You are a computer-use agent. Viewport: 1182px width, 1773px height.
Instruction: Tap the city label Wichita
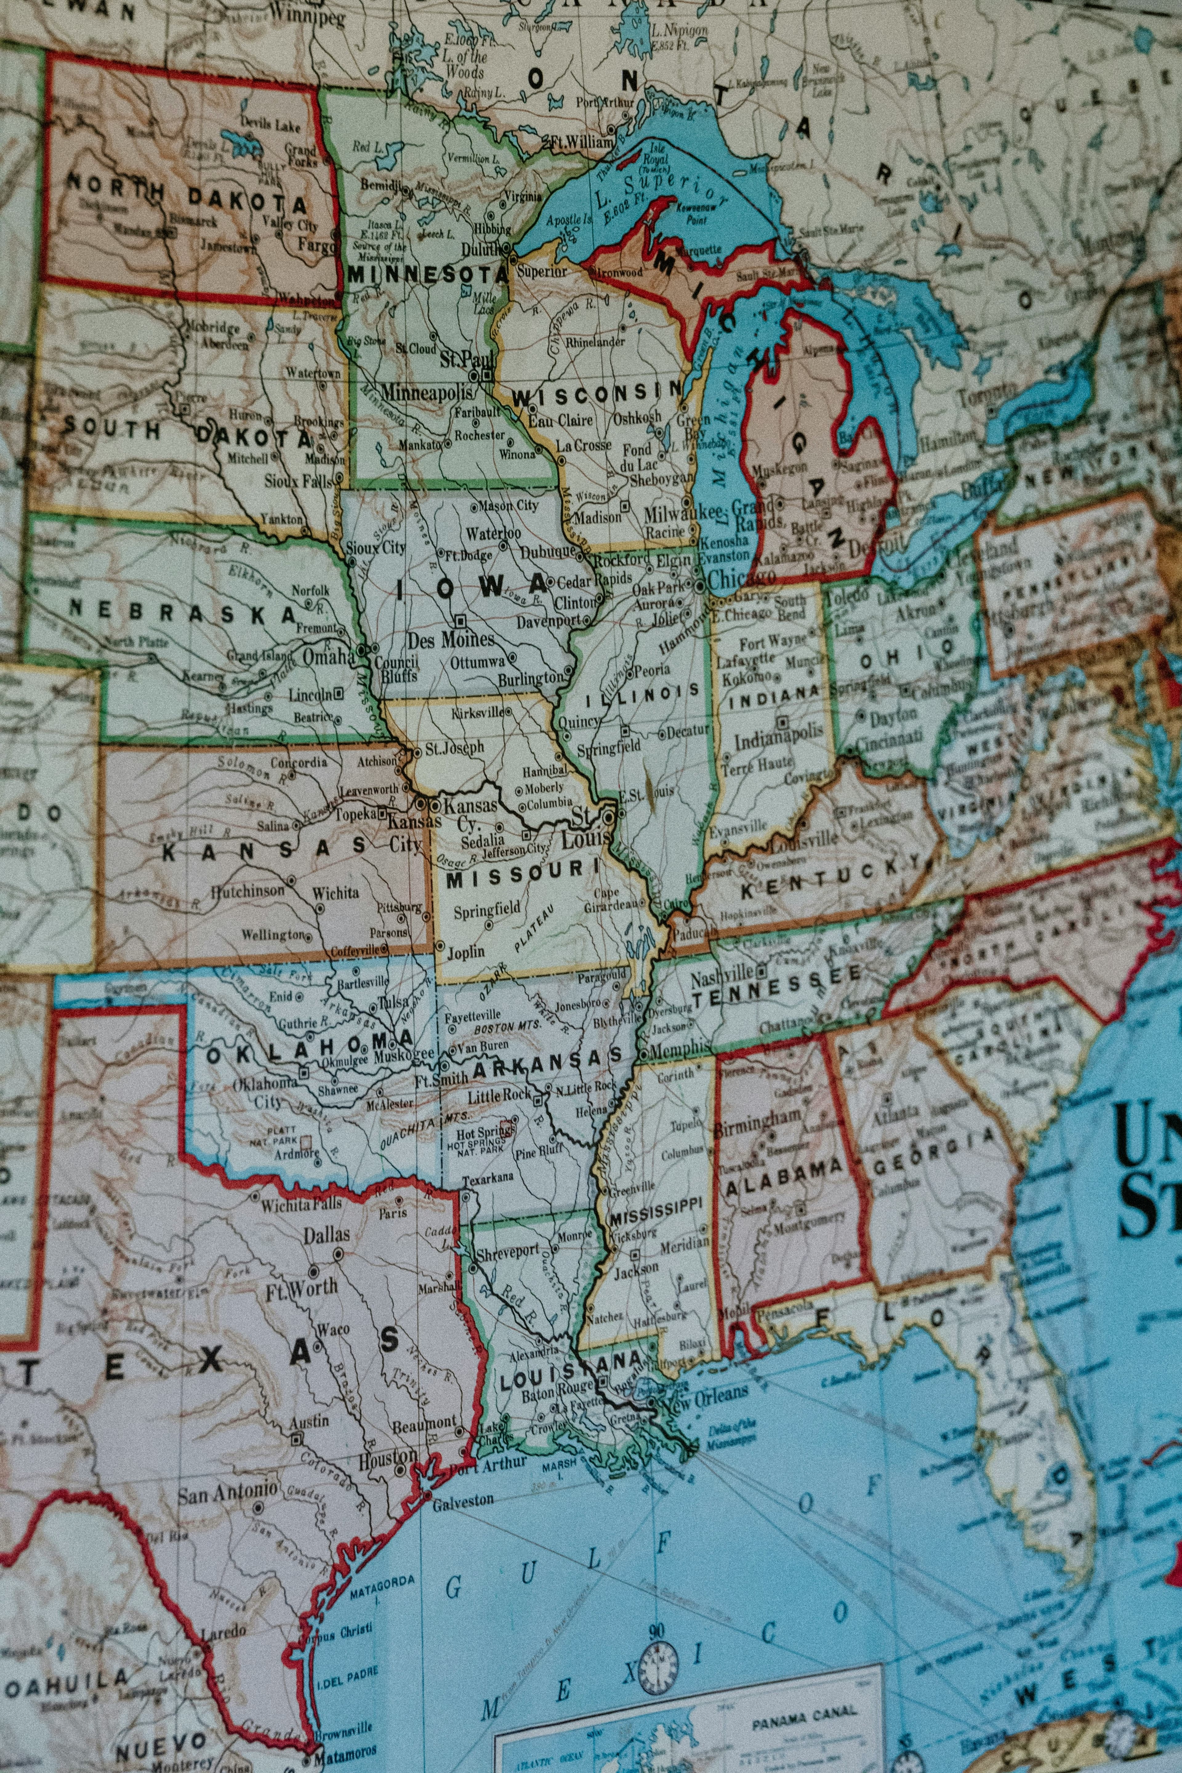coord(336,893)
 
